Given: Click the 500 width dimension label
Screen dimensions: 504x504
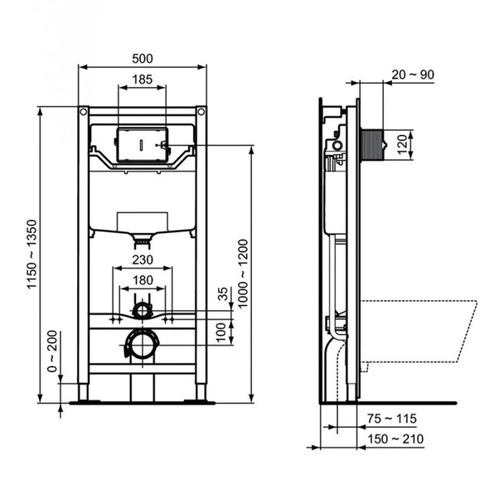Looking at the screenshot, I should [x=142, y=58].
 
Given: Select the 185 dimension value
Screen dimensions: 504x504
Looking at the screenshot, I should [x=142, y=80].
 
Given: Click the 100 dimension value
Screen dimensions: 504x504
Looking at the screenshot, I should [x=221, y=330].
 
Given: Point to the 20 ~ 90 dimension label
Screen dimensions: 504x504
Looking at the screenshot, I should [x=414, y=75].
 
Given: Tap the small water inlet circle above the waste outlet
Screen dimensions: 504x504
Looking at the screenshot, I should [x=143, y=312].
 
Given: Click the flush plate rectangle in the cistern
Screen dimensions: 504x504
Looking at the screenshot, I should [x=142, y=145].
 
